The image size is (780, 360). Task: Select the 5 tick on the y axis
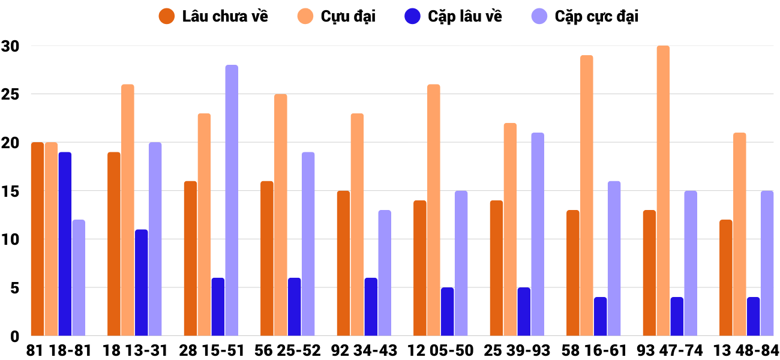(14, 288)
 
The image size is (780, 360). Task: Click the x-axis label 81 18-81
(58, 350)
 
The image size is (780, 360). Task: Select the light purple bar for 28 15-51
(232, 200)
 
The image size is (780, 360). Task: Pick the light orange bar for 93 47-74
(663, 191)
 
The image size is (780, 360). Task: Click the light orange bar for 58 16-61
(586, 196)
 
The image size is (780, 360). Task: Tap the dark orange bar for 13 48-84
(726, 278)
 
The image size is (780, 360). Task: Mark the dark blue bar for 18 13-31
(142, 283)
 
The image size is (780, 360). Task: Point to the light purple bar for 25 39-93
(538, 234)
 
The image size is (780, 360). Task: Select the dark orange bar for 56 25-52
(267, 259)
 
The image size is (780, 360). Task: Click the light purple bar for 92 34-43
(385, 273)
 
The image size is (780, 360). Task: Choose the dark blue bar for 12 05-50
(448, 312)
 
